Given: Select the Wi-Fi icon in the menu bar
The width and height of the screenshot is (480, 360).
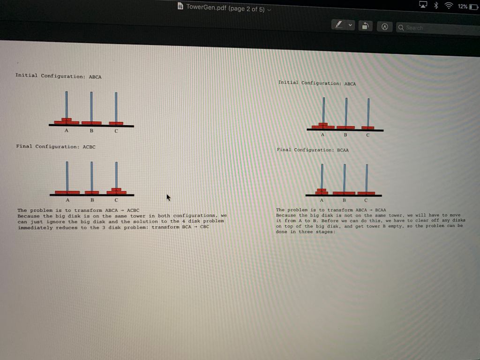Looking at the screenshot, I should coord(449,6).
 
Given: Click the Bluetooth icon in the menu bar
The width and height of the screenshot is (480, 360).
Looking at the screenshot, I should coord(435,6).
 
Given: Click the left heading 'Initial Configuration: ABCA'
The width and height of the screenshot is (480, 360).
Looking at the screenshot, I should coord(58,76).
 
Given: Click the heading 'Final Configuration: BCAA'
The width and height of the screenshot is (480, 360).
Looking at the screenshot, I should coord(313,150).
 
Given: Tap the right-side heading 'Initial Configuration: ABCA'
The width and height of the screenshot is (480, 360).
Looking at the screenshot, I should coord(317,83).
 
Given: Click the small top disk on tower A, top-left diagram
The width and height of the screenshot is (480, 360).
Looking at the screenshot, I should coord(67,120).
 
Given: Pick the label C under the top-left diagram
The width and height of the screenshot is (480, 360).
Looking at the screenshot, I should coord(116,131).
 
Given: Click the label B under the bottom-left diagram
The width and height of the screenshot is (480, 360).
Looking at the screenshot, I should coord(92,200).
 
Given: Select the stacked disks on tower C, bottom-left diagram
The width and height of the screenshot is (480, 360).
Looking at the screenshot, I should coord(116,191).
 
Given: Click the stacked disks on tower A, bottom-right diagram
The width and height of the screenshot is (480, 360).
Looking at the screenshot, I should coord(322,191).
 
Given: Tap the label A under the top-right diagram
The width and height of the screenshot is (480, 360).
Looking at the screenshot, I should coord(322,135).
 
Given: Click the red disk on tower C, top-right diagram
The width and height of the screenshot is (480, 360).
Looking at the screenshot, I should coord(368,127).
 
